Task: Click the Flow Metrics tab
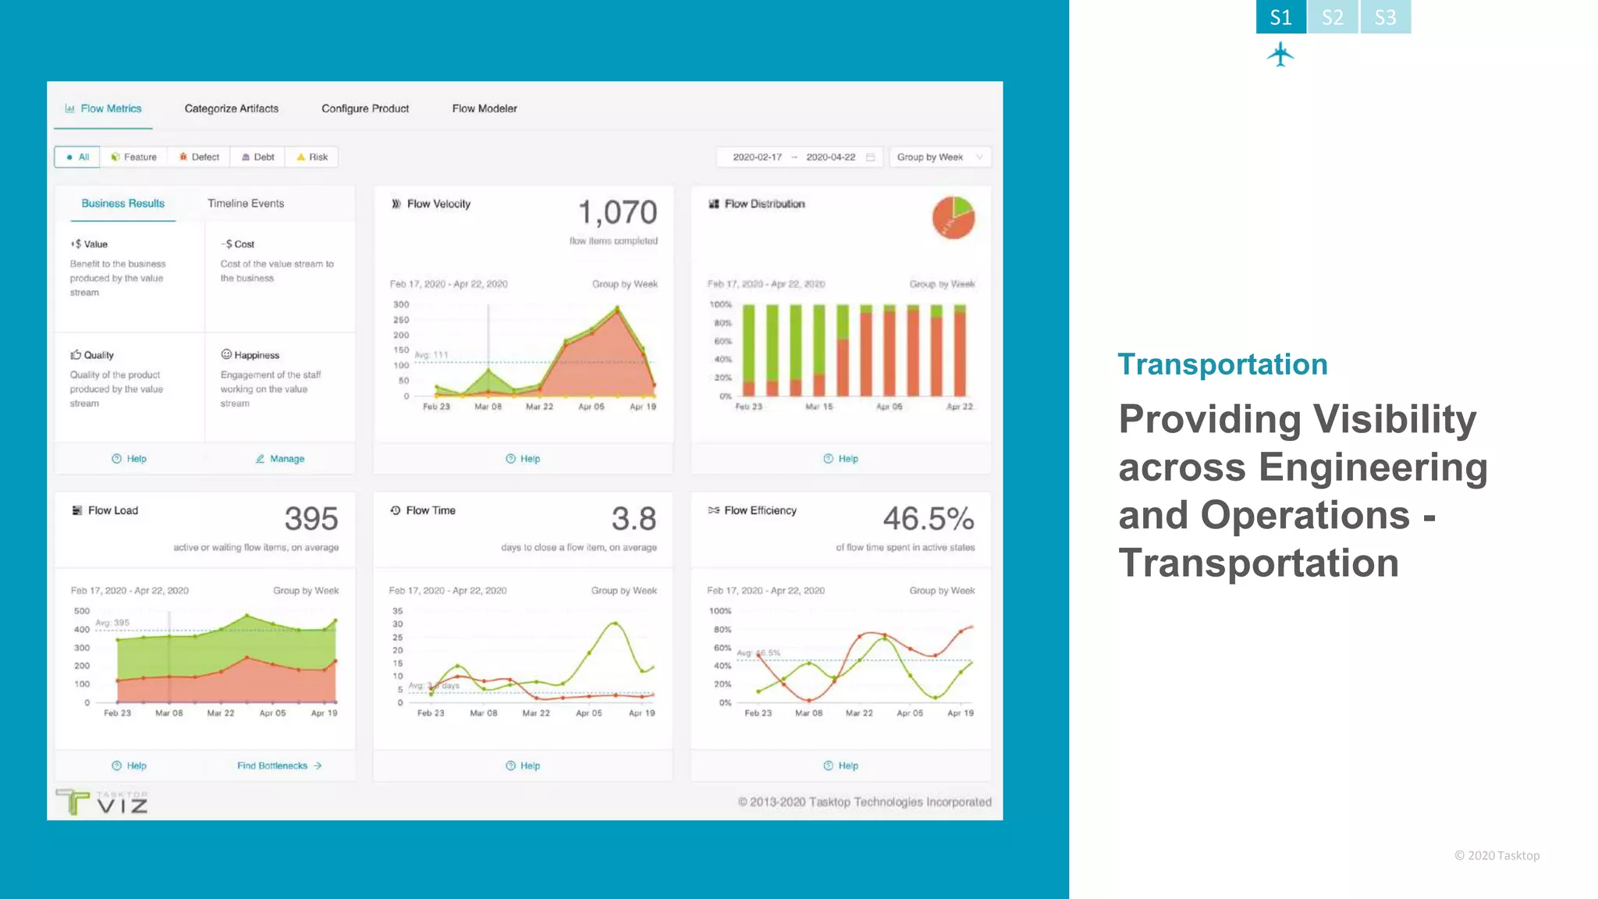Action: [104, 108]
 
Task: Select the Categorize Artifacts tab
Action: [231, 108]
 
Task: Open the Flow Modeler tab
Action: [484, 108]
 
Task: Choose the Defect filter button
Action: [199, 157]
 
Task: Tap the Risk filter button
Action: [312, 157]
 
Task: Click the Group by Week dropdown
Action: [939, 157]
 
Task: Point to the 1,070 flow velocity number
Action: [617, 212]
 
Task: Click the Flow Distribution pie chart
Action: [953, 217]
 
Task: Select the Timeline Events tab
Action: [246, 204]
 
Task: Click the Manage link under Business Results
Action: [280, 459]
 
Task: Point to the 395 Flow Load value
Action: [311, 519]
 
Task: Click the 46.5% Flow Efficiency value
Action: [928, 519]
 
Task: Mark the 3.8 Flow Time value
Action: [634, 519]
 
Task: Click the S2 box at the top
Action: [1333, 17]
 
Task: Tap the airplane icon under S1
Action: [1280, 55]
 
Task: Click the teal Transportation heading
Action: [1222, 364]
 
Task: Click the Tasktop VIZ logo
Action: [102, 801]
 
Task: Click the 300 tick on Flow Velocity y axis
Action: [401, 304]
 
